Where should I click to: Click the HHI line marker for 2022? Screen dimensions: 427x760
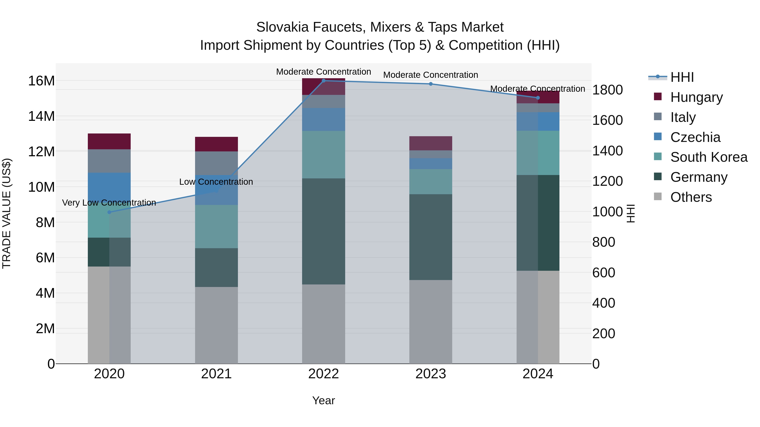(323, 81)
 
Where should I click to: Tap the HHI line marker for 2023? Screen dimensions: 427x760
(430, 84)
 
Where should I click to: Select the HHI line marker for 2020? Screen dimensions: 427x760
(109, 212)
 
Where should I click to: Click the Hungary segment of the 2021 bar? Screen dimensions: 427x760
(216, 144)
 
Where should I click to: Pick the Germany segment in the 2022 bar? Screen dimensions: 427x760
(323, 231)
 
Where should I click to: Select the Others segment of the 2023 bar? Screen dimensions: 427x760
(430, 322)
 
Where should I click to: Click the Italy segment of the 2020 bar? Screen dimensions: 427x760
(109, 161)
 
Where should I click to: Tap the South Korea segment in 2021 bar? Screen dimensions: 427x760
(216, 226)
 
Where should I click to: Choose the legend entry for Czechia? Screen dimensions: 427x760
(695, 137)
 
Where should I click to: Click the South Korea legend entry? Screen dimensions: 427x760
(709, 157)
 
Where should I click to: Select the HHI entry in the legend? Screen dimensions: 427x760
(682, 77)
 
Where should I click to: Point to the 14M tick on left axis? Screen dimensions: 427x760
(41, 116)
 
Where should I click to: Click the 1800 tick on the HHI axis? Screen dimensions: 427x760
(607, 90)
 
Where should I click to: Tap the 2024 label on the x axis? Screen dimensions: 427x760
(537, 374)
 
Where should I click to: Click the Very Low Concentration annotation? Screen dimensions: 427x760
(109, 203)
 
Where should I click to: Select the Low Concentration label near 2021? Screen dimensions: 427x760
(216, 182)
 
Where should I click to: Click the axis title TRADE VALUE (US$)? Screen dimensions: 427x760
(7, 213)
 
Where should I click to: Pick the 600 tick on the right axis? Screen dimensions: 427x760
(603, 273)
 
